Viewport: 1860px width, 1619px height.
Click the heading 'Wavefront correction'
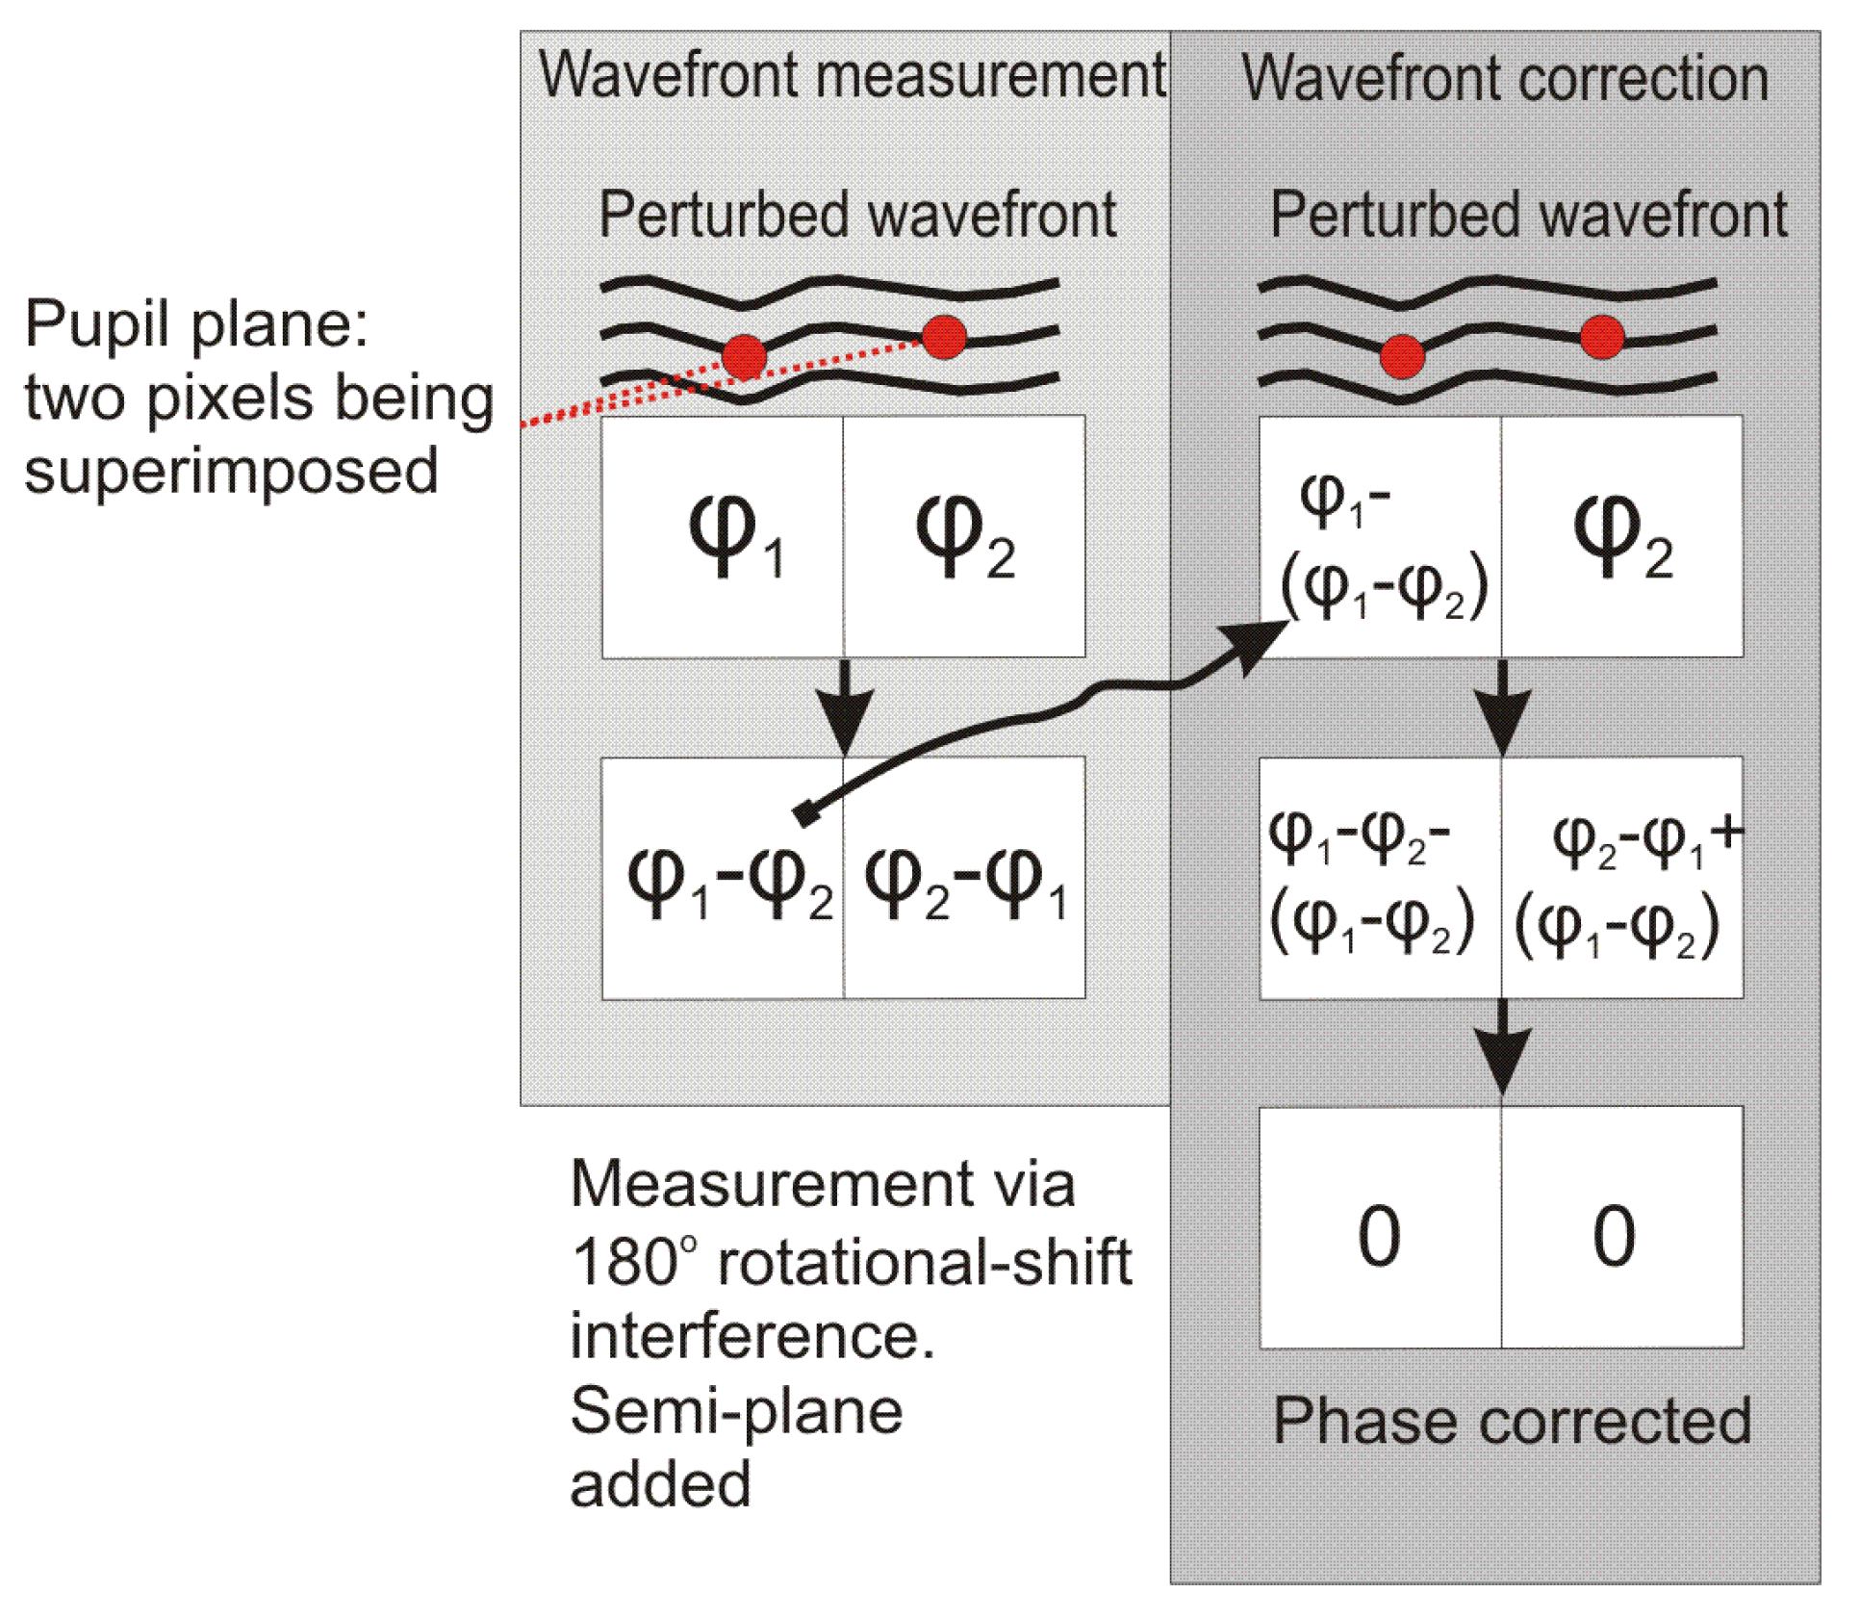pyautogui.click(x=1504, y=78)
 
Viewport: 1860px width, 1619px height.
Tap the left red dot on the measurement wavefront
pyautogui.click(x=743, y=357)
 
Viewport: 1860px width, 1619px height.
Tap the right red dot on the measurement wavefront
pyautogui.click(x=943, y=337)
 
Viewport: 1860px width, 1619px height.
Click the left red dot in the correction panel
pyautogui.click(x=1401, y=357)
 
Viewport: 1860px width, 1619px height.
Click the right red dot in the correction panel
pyautogui.click(x=1601, y=337)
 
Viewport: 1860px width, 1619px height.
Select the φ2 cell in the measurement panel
pyautogui.click(x=964, y=537)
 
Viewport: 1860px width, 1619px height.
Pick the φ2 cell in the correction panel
pyautogui.click(x=1622, y=537)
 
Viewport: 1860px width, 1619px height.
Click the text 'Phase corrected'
pyautogui.click(x=1511, y=1420)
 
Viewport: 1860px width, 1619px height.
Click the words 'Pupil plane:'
pyautogui.click(x=196, y=323)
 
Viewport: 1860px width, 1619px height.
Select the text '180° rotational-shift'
pyautogui.click(x=851, y=1261)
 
